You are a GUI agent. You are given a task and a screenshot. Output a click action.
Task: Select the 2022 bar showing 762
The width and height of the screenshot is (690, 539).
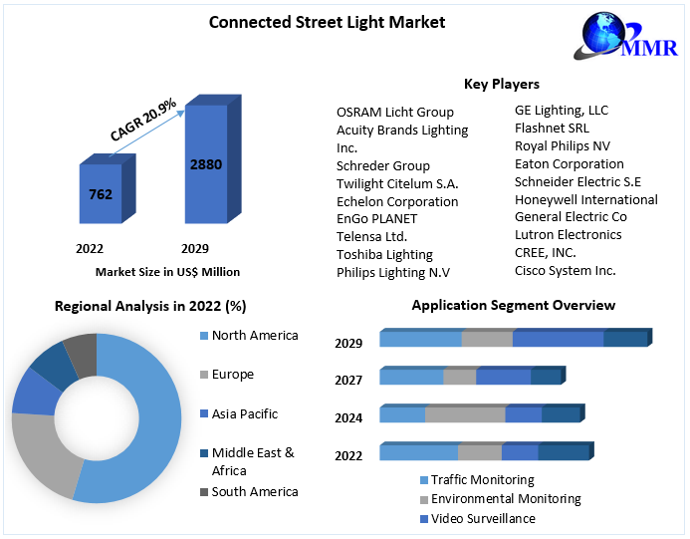tap(101, 194)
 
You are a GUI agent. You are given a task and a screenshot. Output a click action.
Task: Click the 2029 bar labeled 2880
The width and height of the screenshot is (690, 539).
tap(206, 164)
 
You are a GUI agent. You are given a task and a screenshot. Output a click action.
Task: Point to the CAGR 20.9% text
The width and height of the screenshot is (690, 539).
tap(142, 119)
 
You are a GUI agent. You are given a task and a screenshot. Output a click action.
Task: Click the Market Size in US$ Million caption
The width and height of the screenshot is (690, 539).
tap(167, 271)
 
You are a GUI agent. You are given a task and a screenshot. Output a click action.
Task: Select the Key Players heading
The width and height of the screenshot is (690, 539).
tap(502, 84)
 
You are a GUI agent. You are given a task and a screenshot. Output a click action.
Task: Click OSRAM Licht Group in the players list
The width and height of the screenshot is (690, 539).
tap(395, 112)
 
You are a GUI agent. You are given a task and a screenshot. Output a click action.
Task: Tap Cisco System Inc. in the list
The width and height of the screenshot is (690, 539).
tap(565, 270)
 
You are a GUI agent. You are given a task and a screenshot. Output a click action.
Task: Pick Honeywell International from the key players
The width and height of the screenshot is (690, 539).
tap(585, 199)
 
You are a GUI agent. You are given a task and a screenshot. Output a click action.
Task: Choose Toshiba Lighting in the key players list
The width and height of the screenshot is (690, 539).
tap(384, 254)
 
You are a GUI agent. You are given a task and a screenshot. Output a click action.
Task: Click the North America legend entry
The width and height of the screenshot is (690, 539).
tap(254, 335)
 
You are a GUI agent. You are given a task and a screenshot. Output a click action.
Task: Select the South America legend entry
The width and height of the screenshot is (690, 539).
tap(254, 491)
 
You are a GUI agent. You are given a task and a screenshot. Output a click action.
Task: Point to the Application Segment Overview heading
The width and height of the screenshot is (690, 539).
tap(513, 305)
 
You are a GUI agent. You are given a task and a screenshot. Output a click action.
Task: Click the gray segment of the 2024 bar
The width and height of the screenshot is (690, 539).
tap(465, 414)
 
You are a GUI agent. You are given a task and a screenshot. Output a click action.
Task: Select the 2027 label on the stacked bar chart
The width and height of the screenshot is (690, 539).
tap(348, 380)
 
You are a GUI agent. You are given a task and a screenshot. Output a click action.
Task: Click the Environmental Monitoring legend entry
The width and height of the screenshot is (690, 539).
tap(505, 499)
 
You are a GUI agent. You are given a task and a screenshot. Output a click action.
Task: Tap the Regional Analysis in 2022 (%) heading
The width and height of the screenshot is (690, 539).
tap(150, 306)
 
